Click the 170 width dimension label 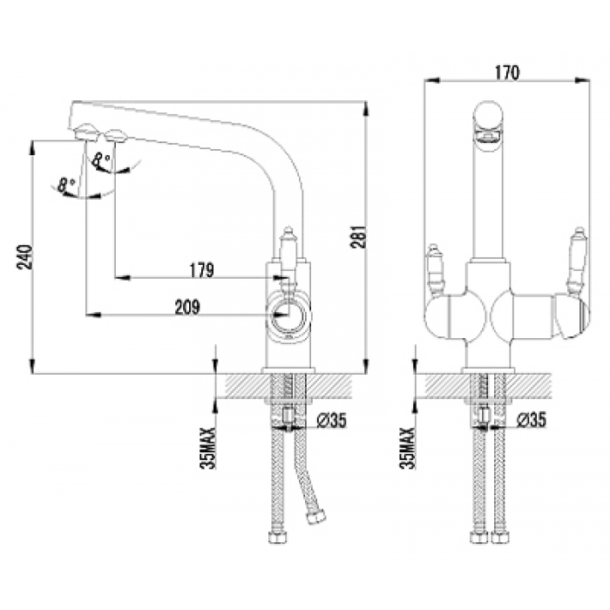[x=507, y=72]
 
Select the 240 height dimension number [x=24, y=257]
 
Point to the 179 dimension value [x=202, y=270]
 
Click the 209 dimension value [x=187, y=307]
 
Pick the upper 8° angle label [x=102, y=160]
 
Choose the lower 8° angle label [x=66, y=185]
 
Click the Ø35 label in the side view [x=331, y=420]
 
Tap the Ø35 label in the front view [x=532, y=419]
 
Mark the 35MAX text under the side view [x=208, y=448]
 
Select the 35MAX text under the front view [x=408, y=448]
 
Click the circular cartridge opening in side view [x=288, y=315]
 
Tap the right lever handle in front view [x=577, y=260]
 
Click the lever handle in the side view [x=288, y=257]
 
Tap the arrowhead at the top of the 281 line [x=366, y=108]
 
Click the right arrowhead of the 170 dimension [x=582, y=80]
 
